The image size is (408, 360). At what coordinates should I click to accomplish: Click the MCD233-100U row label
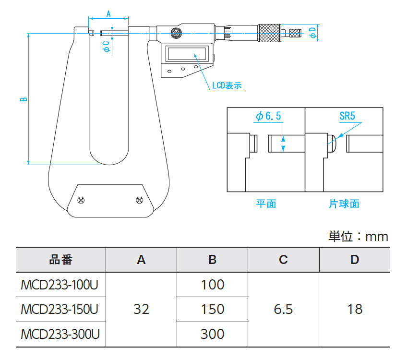click(60, 285)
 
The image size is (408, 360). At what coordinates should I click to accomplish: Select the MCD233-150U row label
click(60, 309)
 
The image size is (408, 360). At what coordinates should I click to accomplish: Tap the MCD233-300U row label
click(60, 334)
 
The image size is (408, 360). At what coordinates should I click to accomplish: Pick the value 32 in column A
click(141, 309)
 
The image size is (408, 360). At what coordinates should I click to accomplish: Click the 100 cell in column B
click(212, 285)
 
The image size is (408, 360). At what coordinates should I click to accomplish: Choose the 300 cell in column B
click(212, 334)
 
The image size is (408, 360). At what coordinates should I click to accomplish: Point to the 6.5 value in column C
click(283, 309)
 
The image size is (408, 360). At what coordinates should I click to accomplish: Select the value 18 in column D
click(355, 309)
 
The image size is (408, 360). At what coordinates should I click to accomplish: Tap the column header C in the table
click(283, 260)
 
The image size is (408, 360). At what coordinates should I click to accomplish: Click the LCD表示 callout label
click(227, 86)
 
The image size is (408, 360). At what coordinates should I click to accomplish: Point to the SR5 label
click(348, 116)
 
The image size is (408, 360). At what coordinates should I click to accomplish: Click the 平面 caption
click(265, 204)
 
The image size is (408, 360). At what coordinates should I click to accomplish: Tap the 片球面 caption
click(344, 204)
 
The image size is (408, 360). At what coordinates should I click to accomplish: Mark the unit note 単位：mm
click(358, 236)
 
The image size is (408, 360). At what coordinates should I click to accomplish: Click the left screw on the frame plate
click(81, 200)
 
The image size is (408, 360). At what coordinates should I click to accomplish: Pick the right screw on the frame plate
click(139, 200)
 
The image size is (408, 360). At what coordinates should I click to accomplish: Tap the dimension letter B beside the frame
click(23, 100)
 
